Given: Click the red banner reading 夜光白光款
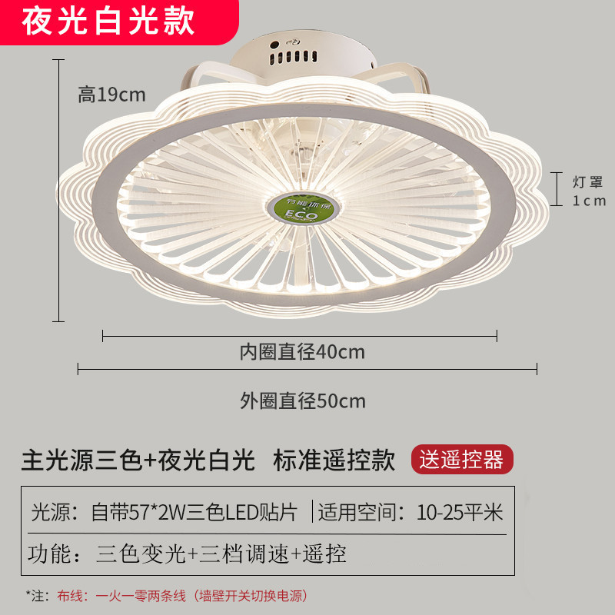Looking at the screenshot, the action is pyautogui.click(x=108, y=22).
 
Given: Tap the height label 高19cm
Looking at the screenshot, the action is pyautogui.click(x=111, y=95).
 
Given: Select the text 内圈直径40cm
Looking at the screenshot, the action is pyautogui.click(x=301, y=353).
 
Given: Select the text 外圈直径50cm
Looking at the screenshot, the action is pyautogui.click(x=302, y=401).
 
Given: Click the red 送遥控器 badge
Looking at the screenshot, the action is pyautogui.click(x=462, y=460).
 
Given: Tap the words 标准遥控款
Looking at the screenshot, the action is pyautogui.click(x=334, y=460).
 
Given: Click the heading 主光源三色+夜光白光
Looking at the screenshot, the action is pyautogui.click(x=138, y=460).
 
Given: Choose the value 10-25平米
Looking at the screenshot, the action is pyautogui.click(x=460, y=511).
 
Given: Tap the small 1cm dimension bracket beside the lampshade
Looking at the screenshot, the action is pyautogui.click(x=560, y=191).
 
